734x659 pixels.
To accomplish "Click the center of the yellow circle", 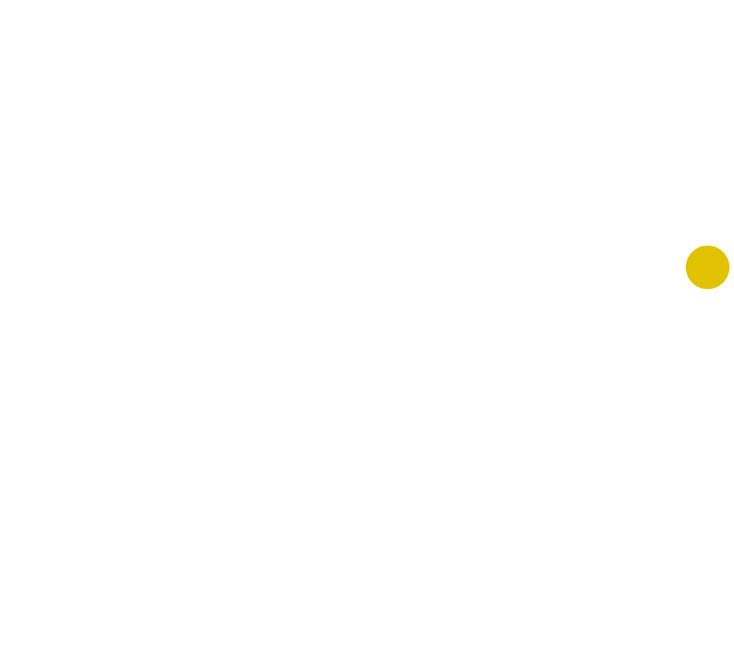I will (707, 267).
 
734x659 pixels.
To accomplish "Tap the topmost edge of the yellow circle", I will (707, 245).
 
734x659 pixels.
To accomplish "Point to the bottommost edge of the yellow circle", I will (707, 289).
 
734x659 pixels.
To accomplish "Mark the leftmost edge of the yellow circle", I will (685, 267).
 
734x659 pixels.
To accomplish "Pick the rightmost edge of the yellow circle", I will (730, 267).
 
